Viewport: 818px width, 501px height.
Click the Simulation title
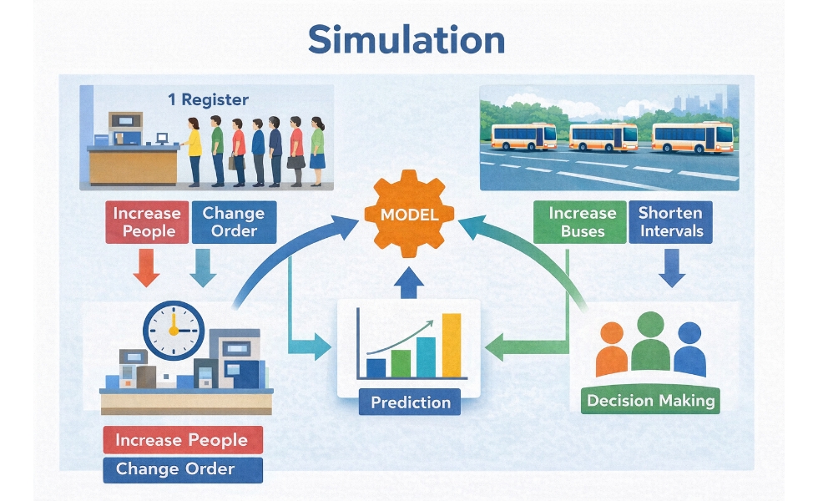point(406,39)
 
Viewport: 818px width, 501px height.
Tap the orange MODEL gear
point(409,215)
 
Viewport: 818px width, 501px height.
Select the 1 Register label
point(208,99)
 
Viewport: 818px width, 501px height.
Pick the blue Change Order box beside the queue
point(235,222)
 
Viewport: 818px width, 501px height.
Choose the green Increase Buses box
point(582,222)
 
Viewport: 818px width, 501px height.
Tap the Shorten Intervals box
point(670,222)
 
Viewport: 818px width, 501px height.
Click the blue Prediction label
point(411,402)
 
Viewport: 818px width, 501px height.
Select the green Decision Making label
point(651,401)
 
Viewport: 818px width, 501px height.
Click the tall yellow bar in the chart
point(451,345)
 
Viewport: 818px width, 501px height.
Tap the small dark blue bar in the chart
point(376,367)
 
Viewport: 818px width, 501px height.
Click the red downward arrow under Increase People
point(147,270)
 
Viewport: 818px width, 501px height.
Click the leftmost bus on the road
point(523,136)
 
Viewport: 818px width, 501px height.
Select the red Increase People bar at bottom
point(182,440)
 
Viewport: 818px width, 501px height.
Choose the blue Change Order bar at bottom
point(182,468)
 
